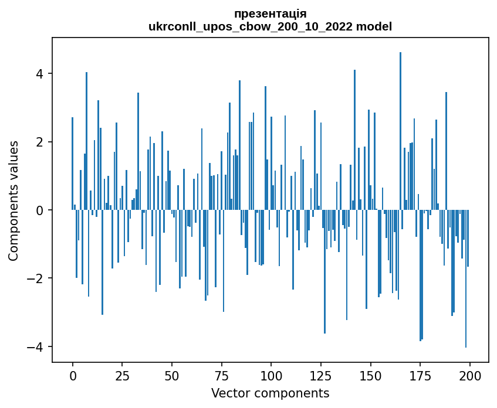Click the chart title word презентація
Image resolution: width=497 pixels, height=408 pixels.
coord(270,13)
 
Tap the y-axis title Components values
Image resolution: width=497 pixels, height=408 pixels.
coord(13,200)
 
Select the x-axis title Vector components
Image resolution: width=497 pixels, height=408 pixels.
coord(270,393)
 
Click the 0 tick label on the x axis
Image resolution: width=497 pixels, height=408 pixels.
coord(73,375)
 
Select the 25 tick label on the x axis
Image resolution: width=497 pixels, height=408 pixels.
coord(122,375)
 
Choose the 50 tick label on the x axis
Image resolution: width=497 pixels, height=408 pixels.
coord(172,375)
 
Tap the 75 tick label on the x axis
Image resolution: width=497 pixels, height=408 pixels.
coord(221,375)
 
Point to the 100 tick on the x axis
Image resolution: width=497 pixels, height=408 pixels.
coord(271,375)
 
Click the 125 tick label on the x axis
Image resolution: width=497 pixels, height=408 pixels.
coord(320,375)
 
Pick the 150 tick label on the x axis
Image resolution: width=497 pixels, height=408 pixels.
coord(370,375)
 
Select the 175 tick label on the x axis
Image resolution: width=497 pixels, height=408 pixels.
coord(420,375)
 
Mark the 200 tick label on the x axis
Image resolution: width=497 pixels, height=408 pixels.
coord(469,375)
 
